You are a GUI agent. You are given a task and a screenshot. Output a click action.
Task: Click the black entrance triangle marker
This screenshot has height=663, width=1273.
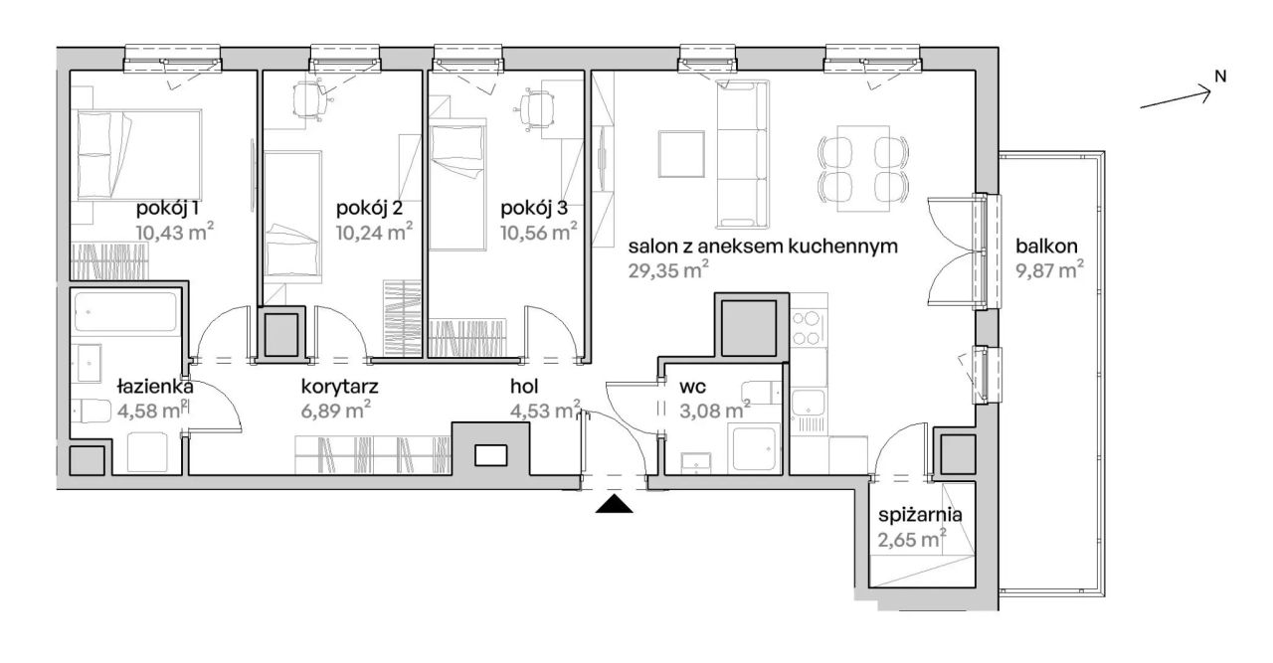click(x=614, y=505)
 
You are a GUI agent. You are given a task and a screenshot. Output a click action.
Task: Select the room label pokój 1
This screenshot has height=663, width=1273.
click(x=167, y=209)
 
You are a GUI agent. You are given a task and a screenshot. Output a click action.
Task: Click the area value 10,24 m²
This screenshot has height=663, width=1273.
click(x=374, y=232)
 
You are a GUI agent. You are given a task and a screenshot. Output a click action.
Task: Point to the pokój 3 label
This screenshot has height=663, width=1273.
click(x=534, y=209)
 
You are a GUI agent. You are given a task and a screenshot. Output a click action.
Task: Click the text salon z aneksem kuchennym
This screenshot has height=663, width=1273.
click(x=763, y=247)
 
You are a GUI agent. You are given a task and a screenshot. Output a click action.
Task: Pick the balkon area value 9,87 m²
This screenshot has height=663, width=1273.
click(x=1049, y=269)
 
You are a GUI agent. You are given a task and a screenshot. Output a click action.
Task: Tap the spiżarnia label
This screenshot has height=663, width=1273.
click(x=920, y=516)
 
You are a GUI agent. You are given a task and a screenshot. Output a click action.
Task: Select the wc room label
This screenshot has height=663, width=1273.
click(x=693, y=388)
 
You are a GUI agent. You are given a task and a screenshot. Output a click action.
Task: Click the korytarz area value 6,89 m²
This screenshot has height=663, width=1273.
click(x=336, y=410)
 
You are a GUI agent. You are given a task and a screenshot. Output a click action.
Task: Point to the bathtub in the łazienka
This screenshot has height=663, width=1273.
click(x=125, y=311)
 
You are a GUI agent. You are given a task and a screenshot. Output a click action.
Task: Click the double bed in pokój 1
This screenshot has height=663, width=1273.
click(x=139, y=154)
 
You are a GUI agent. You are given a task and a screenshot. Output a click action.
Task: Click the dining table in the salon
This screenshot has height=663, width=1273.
click(x=863, y=168)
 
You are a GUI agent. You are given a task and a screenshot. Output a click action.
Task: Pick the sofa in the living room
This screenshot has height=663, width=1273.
click(x=742, y=154)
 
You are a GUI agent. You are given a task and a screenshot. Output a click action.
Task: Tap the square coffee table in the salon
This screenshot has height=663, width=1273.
click(x=681, y=154)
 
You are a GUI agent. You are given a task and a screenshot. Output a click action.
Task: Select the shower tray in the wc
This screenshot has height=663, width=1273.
click(x=755, y=450)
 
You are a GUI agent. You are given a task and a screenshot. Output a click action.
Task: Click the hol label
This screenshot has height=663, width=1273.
click(x=523, y=387)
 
